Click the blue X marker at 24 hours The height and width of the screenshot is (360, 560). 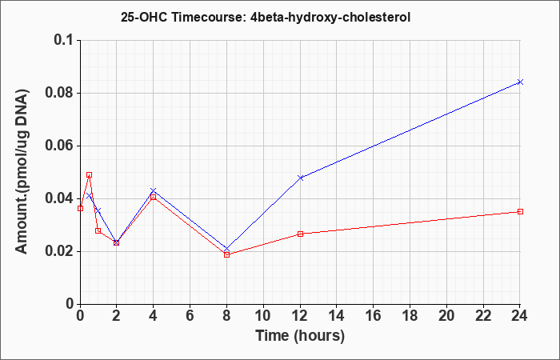[520, 82]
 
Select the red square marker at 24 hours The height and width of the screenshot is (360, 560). [520, 211]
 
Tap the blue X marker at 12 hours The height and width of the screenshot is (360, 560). [300, 178]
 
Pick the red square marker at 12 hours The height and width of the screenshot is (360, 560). [300, 234]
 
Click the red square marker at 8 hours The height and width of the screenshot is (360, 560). [226, 254]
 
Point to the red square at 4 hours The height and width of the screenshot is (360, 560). [154, 197]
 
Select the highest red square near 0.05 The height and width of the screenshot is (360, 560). [90, 174]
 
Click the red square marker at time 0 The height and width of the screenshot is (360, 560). [80, 208]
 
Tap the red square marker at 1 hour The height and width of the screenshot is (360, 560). [98, 230]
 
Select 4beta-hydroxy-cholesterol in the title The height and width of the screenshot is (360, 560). [328, 17]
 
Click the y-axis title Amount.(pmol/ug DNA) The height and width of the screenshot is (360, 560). [22, 172]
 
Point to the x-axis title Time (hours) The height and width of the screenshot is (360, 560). [300, 336]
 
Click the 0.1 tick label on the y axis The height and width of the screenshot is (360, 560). [63, 40]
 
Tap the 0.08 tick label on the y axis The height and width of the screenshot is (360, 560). [59, 93]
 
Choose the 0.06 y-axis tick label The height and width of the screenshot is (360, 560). [59, 146]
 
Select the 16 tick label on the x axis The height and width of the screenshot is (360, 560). [374, 316]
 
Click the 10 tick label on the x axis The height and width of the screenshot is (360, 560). [263, 316]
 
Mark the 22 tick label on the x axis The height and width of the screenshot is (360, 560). [483, 316]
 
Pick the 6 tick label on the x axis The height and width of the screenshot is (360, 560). [190, 316]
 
